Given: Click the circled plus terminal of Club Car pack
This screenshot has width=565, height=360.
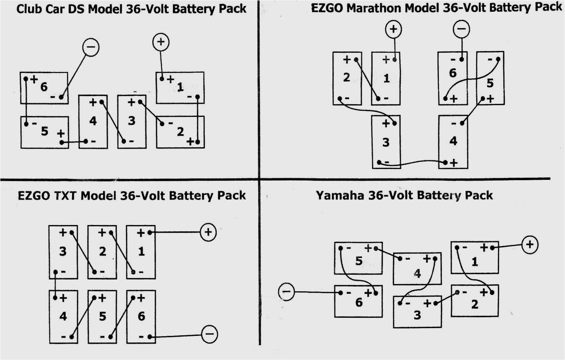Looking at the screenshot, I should (161, 42).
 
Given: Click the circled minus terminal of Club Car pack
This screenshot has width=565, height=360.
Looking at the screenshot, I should (91, 47).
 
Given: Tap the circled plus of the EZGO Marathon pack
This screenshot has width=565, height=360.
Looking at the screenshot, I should (394, 29).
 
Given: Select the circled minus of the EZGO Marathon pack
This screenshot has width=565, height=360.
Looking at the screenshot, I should (462, 29).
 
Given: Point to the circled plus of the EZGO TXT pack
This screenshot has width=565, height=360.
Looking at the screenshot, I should (208, 232).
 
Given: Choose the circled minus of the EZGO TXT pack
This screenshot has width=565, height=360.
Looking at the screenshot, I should (210, 334).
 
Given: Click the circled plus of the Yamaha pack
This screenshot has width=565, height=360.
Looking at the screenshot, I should (529, 244).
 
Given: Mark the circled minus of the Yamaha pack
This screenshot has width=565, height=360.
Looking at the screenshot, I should (287, 292).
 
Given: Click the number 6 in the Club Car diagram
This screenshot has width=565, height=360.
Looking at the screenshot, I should (44, 87).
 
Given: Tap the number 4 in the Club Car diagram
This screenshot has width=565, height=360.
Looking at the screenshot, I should (93, 121).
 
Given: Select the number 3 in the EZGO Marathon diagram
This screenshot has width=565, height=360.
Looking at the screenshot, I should (386, 142).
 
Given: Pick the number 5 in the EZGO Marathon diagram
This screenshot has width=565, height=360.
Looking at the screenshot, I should (490, 83).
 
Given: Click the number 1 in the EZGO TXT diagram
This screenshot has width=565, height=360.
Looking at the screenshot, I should (141, 251).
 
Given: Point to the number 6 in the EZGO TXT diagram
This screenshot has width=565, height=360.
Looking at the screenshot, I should (141, 316).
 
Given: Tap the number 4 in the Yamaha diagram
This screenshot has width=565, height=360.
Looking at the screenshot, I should (417, 274).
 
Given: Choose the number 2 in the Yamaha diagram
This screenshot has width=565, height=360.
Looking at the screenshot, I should (475, 304).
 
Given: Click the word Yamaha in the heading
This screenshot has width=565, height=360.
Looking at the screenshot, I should (340, 195).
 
